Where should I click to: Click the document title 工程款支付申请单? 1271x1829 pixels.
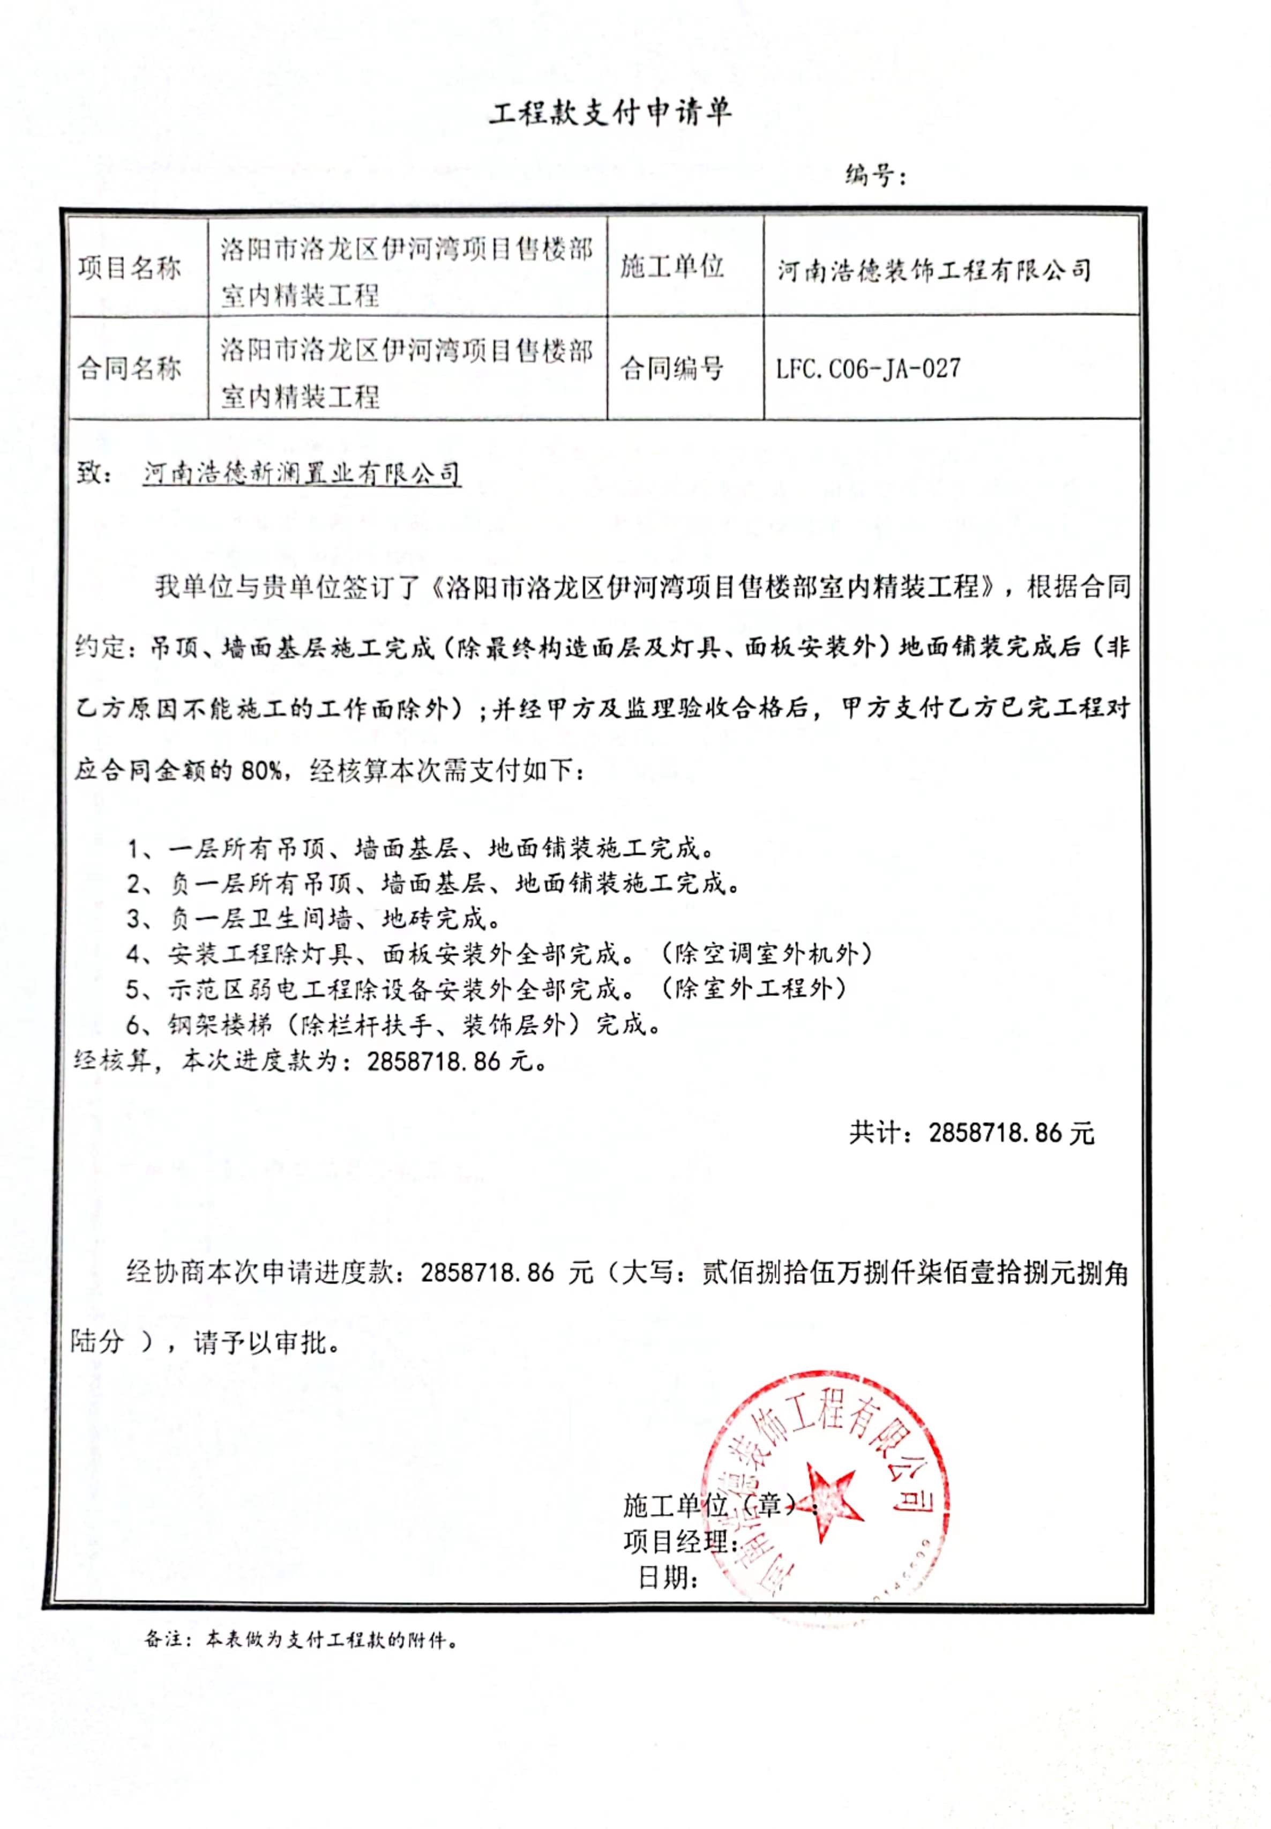coord(609,113)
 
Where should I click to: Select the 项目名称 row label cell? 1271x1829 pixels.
coord(130,267)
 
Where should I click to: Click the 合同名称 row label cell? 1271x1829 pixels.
coord(130,368)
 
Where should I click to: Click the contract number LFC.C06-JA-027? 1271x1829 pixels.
coord(868,369)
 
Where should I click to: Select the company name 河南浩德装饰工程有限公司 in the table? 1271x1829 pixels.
coord(933,270)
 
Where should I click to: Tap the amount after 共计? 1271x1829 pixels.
coord(1011,1132)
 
